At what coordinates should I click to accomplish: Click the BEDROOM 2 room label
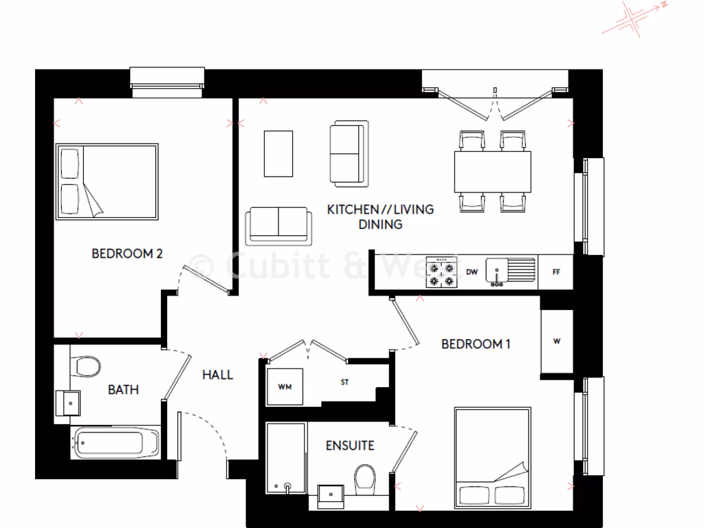pos(127,254)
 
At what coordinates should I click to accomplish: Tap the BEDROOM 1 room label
pos(475,344)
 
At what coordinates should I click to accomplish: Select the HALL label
pos(217,375)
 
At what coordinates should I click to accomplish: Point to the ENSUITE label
pos(350,445)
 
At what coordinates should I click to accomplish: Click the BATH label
pos(123,390)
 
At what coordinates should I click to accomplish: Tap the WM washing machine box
pos(285,387)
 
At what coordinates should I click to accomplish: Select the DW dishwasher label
pos(472,272)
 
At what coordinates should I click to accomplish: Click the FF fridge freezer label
pos(556,272)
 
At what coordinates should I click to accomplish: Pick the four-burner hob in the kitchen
pos(441,272)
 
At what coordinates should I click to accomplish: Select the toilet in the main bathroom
pos(86,365)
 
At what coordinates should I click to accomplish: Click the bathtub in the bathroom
pos(115,443)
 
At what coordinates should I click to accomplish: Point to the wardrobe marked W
pos(556,342)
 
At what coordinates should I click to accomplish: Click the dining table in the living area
pos(492,172)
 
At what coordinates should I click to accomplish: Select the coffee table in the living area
pos(278,153)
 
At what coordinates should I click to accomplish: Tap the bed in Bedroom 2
pos(107,181)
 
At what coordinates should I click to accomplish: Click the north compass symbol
pos(634,18)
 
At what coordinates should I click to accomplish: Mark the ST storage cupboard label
pos(344,382)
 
